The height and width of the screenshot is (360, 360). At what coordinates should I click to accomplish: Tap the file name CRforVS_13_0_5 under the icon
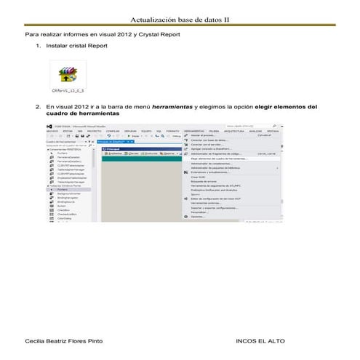pos(70,93)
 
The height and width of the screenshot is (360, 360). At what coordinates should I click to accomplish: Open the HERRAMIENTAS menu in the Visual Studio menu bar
pos(194,131)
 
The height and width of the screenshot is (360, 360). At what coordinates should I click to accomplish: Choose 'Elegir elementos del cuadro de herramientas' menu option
pos(219,159)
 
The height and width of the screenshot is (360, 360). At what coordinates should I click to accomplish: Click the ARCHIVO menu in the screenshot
pos(52,131)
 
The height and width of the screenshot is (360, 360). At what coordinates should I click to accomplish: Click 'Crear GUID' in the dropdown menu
pos(198,177)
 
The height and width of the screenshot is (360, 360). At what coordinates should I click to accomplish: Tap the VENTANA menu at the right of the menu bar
pos(272,131)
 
